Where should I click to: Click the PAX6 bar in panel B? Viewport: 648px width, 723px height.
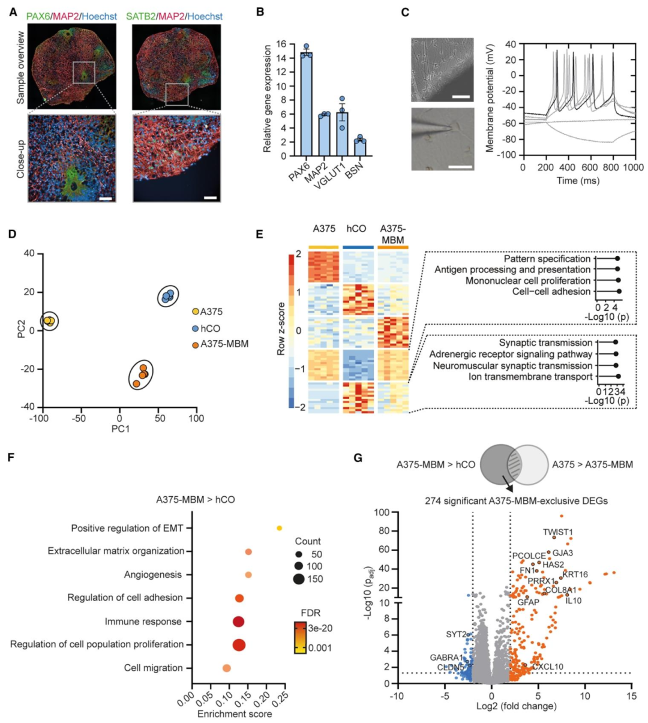pos(306,104)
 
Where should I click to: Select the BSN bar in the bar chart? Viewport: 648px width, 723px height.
pos(360,148)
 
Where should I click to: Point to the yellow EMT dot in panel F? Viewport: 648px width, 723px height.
pos(280,528)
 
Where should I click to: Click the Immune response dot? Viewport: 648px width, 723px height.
pos(238,622)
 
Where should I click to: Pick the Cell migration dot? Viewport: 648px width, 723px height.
pos(226,668)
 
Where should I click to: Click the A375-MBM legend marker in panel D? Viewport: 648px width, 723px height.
pos(195,346)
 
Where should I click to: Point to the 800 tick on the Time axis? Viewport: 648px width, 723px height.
pos(613,168)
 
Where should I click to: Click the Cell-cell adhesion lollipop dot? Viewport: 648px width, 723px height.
pos(619,292)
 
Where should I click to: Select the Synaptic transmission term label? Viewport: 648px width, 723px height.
pos(545,343)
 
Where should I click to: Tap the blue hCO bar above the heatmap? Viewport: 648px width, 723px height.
pos(358,247)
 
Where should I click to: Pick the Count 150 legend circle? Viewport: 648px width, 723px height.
pos(299,579)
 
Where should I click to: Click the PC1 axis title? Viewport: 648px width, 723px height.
pos(121,428)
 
